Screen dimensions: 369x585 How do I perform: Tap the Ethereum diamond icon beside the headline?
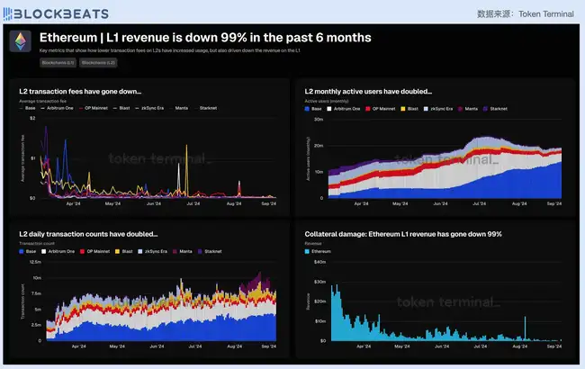tap(21, 42)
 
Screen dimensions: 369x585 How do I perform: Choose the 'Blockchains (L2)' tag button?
tap(98, 62)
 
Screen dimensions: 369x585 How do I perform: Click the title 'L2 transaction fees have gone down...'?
tap(81, 91)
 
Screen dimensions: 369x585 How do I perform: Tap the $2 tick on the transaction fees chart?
tap(32, 119)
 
